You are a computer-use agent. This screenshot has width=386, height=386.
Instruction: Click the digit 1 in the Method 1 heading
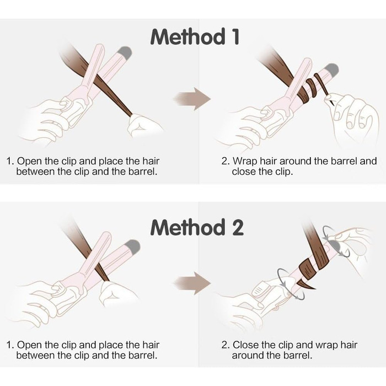point(235,36)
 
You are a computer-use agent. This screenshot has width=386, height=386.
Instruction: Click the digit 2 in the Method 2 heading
point(237,227)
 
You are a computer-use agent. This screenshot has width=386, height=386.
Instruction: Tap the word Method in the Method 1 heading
point(187,36)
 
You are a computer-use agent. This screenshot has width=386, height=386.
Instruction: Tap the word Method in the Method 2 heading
point(187,227)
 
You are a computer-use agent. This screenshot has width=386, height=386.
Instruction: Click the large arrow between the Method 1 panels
point(192,99)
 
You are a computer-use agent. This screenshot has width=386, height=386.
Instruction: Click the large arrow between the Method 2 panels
point(192,283)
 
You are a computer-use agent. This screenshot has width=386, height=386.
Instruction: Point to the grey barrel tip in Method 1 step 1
point(125,52)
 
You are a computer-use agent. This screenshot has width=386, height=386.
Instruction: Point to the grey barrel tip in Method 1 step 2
point(331,70)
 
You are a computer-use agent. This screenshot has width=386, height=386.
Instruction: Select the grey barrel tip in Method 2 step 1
point(133,246)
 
